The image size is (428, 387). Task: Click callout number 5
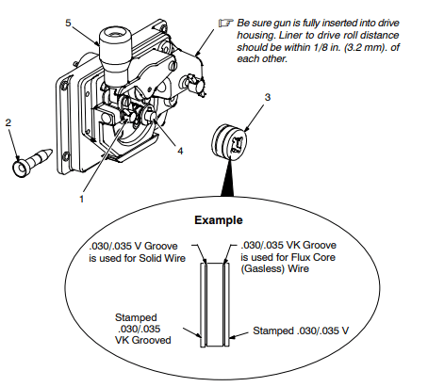click(x=68, y=24)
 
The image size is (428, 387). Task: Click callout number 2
click(x=8, y=122)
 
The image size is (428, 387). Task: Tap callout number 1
click(x=81, y=199)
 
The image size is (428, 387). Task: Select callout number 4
click(x=180, y=151)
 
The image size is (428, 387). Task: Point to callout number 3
click(x=268, y=97)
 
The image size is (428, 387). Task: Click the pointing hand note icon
click(x=226, y=23)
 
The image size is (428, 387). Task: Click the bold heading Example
click(x=219, y=220)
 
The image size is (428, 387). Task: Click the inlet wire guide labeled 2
click(x=31, y=161)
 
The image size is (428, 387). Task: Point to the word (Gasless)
click(x=263, y=269)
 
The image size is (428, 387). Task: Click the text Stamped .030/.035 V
click(x=301, y=331)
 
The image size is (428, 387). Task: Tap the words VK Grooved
click(x=143, y=340)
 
